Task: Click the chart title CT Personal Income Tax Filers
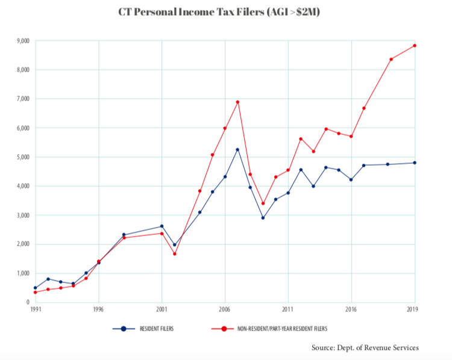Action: (x=225, y=12)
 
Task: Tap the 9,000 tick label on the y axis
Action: (x=22, y=41)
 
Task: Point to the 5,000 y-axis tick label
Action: (x=22, y=157)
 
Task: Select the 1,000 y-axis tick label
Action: (x=22, y=273)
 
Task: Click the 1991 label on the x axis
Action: (x=35, y=309)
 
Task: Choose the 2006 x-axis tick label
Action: (x=225, y=309)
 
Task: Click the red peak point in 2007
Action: (x=237, y=102)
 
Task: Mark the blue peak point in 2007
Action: (x=237, y=149)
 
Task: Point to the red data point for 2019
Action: (x=415, y=46)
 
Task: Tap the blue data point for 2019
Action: (x=415, y=163)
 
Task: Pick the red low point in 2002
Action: (x=174, y=253)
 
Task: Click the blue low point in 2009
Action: (x=263, y=217)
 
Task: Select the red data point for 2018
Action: (x=391, y=59)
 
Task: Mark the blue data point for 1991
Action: (x=35, y=288)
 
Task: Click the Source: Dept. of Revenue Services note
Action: (x=365, y=347)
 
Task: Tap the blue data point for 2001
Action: (x=162, y=226)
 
